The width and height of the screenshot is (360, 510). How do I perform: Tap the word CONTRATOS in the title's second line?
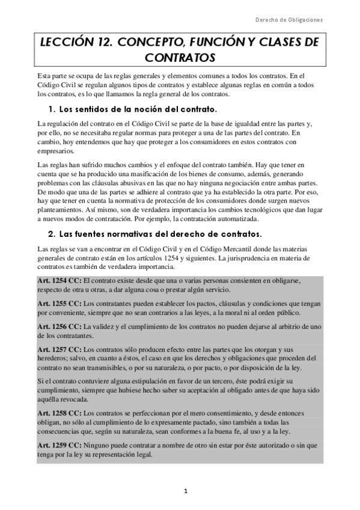(180, 58)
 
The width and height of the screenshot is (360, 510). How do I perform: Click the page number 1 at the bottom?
(186, 491)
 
